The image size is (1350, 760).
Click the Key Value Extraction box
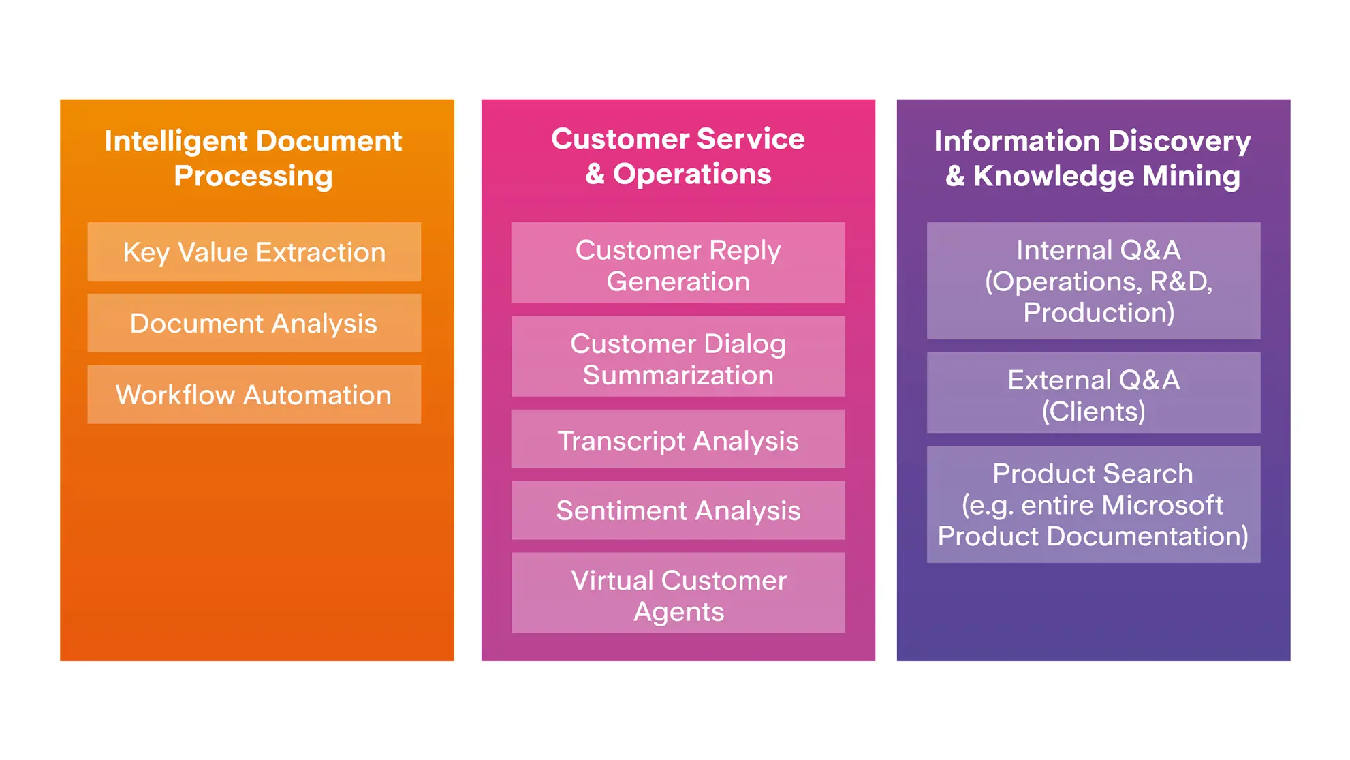254,252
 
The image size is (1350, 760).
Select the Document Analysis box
254,323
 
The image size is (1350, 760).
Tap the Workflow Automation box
254,395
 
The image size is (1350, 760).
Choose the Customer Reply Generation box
678,263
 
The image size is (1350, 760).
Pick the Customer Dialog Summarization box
678,356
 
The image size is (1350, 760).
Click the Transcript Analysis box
678,440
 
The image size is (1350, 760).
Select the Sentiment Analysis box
678,511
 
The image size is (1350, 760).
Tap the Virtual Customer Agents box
678,593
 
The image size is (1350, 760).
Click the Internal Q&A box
1093,281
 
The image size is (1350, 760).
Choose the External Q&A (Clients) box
1093,393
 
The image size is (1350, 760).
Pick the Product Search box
1093,504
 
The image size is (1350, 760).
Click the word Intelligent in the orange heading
176,141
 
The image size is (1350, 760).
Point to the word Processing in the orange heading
253,176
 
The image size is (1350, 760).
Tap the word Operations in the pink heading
692,174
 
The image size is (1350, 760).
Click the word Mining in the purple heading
1191,176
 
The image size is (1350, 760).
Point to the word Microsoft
1162,505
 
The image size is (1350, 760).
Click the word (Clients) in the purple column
1093,411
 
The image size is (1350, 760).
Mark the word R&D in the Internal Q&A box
1180,282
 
